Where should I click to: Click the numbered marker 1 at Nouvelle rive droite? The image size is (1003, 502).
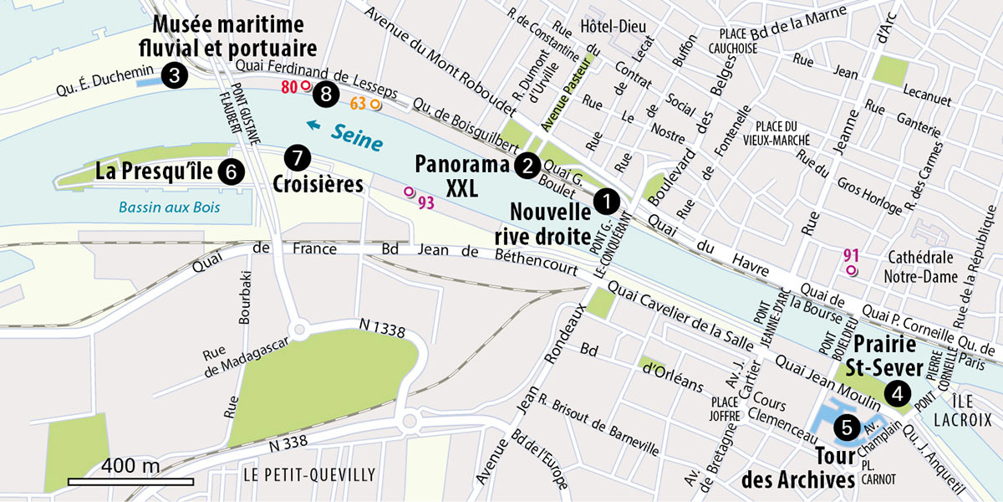coord(605,201)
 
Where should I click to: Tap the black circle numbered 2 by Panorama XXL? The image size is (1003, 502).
coord(526,165)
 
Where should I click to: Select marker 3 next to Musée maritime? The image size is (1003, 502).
coord(173,75)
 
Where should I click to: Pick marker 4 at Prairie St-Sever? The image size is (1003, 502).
coord(898,392)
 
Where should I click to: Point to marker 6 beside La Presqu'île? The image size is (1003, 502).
coord(231,172)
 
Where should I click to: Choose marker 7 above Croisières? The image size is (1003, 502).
coord(297,156)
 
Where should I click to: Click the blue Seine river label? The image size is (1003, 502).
coord(357,137)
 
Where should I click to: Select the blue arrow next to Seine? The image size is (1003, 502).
coord(313,126)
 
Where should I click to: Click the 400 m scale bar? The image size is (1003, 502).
coord(130,481)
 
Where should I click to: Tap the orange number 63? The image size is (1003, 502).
coord(358,104)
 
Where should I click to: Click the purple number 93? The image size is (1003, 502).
coord(425,202)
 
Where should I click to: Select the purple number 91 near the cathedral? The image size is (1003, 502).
coord(852,256)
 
